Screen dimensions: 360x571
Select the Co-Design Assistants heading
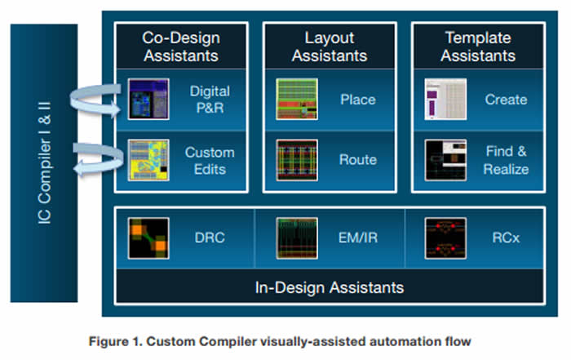180,47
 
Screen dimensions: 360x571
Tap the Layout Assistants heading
329,47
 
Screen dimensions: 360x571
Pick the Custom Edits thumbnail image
148,160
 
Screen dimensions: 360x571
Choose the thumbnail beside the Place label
297,100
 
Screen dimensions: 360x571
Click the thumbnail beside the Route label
297,160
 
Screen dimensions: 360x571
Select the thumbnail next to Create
445,100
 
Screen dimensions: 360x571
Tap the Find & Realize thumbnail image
445,160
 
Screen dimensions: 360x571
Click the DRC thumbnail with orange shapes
148,238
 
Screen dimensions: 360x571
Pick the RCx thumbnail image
445,238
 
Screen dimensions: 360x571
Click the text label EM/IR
358,238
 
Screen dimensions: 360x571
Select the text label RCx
501,238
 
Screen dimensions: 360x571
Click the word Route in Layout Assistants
357,160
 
